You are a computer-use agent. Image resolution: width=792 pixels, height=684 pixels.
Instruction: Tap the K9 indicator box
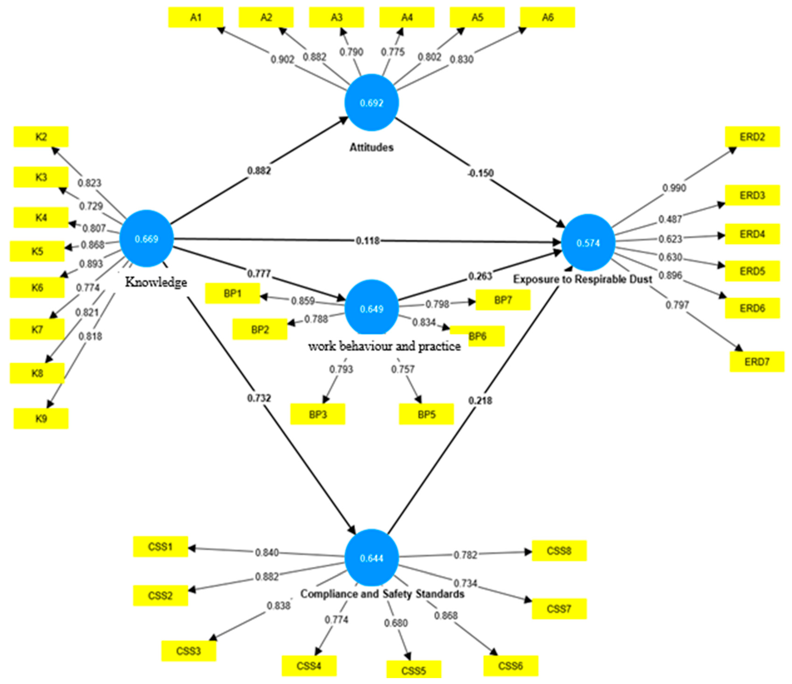41,418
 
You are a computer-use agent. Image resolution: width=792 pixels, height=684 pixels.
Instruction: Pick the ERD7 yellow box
756,361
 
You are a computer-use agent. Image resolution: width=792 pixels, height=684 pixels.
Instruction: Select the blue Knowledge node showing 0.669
146,239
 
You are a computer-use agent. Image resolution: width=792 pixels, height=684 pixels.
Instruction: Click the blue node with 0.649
371,308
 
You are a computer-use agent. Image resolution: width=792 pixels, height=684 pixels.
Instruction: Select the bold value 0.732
259,398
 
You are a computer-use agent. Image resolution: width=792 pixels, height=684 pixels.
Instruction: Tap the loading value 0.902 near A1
283,60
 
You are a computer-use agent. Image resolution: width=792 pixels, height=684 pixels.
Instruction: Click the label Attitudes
371,147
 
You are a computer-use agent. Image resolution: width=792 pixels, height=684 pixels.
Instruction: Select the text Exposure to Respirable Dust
582,279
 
